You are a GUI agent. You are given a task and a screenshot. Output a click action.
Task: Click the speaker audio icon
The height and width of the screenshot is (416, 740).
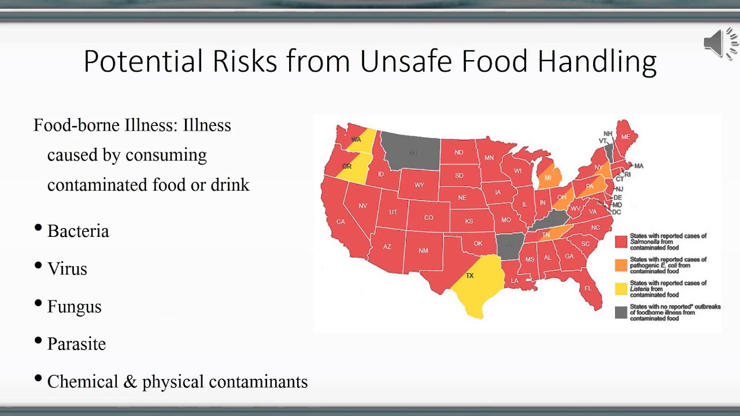tap(720, 43)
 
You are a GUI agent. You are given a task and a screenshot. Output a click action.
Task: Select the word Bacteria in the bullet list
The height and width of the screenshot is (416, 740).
tap(78, 231)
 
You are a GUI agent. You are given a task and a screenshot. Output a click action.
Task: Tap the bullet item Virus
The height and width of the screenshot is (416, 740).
tap(67, 269)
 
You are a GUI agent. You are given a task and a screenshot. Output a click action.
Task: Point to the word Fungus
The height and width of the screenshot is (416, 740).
tap(75, 306)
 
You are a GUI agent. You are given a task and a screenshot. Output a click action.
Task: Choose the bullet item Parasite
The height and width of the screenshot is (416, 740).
tap(76, 344)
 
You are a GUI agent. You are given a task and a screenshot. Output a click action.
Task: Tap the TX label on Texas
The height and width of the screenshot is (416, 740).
tap(469, 276)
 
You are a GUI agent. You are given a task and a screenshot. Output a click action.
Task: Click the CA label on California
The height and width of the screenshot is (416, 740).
tap(341, 222)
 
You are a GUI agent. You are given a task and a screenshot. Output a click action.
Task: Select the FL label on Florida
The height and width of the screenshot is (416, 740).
tap(588, 288)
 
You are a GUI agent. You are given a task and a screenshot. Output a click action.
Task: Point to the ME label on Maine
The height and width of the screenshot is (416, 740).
tap(626, 137)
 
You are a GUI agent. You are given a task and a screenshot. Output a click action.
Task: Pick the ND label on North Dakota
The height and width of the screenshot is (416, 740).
tap(459, 153)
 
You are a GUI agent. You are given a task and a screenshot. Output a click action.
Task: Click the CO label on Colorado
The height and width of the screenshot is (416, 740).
tap(428, 218)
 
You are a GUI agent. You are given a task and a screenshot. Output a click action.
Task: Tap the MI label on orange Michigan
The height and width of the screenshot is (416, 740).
tap(548, 177)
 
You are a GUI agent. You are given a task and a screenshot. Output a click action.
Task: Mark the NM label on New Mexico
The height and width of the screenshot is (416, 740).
tap(424, 251)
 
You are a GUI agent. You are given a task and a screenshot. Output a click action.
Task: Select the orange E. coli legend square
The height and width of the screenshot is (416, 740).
tap(621, 265)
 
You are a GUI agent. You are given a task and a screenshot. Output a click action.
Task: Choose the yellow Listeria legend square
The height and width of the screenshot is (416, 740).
tap(621, 289)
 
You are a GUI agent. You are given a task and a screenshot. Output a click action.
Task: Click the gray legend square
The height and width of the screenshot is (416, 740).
tap(621, 313)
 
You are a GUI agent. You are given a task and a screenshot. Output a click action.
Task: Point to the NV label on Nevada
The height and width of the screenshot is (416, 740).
tap(363, 206)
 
